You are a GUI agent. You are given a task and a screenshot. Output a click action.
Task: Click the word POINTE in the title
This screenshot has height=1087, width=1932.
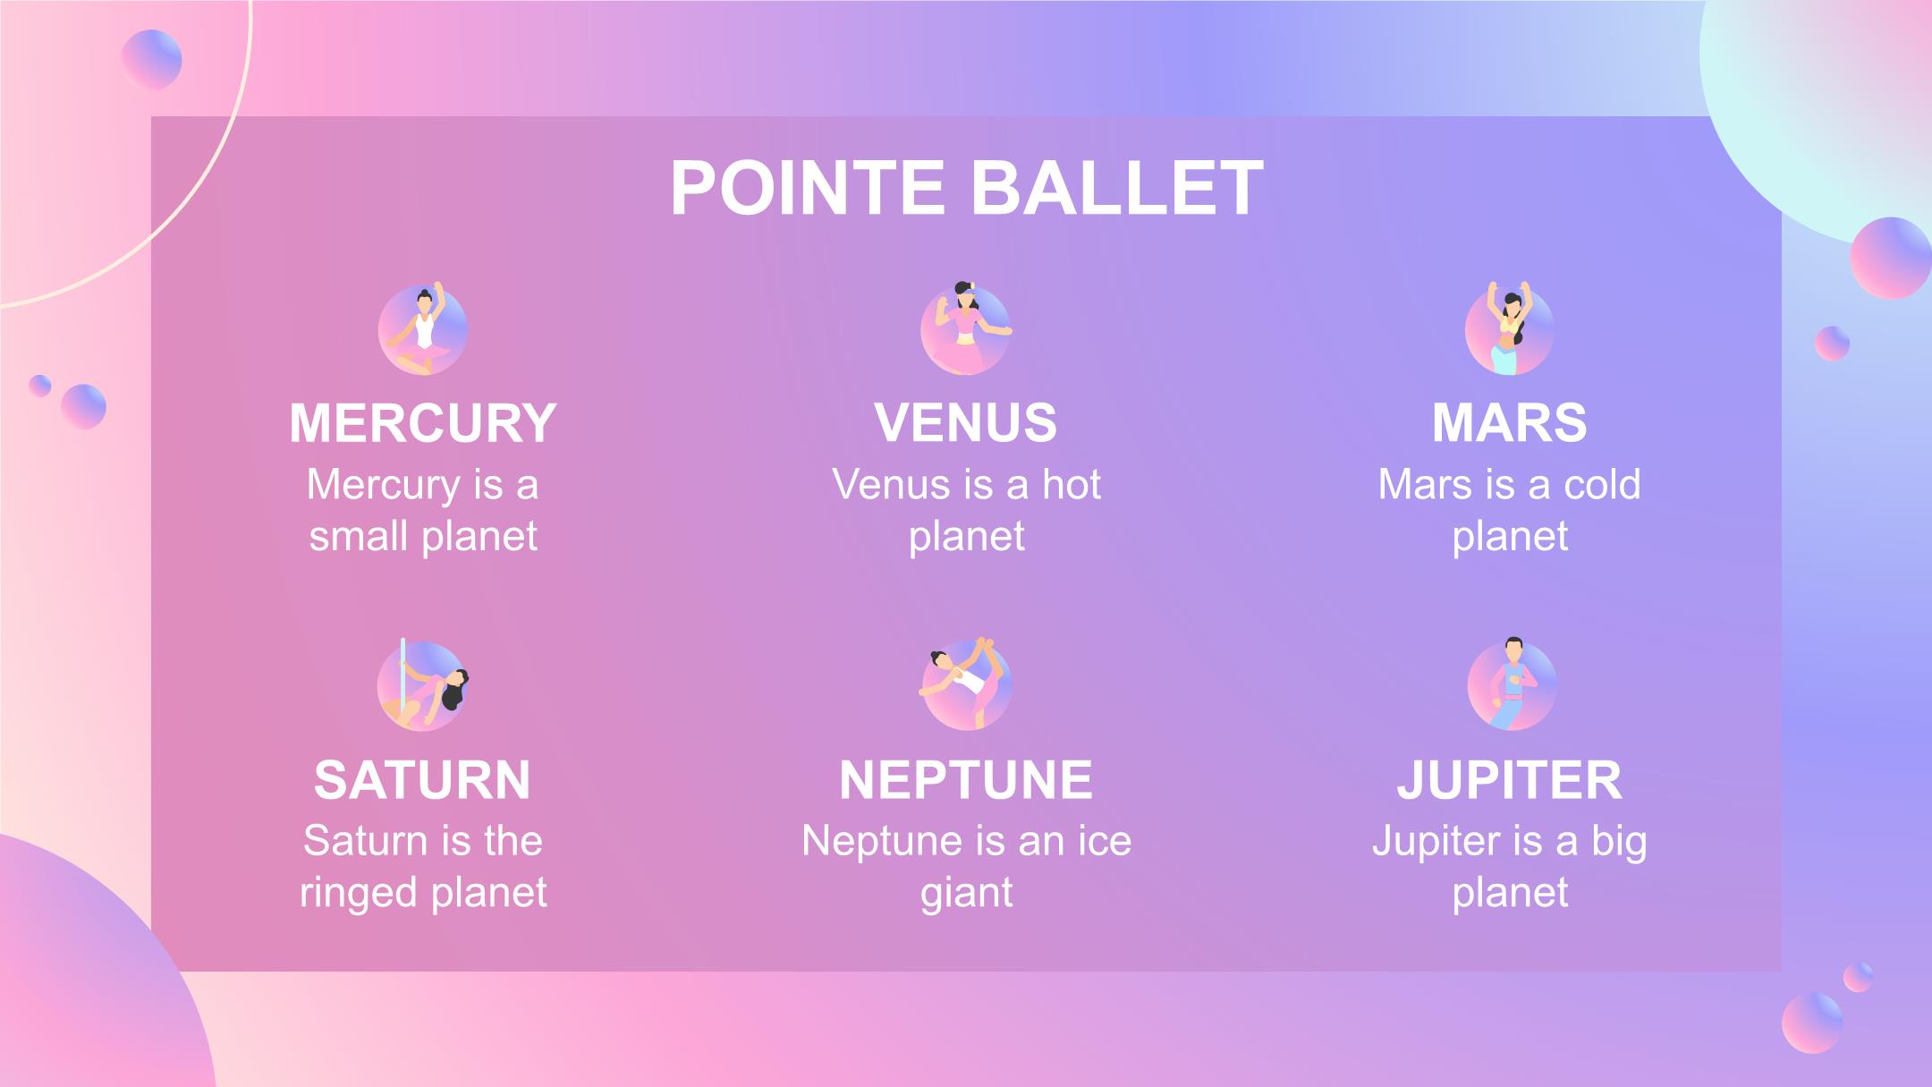pos(808,188)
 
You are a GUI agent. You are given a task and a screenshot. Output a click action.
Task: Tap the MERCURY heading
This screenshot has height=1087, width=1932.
pos(423,422)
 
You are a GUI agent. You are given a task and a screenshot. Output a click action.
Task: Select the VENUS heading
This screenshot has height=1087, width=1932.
pos(966,422)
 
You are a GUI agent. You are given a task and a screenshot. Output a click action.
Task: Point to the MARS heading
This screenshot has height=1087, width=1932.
pos(1510,422)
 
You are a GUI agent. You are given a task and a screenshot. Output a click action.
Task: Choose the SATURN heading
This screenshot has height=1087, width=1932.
pos(423,779)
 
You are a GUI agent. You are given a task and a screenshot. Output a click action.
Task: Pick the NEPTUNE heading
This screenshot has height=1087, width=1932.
pos(966,779)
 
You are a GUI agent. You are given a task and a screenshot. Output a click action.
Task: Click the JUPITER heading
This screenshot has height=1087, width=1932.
pos(1510,779)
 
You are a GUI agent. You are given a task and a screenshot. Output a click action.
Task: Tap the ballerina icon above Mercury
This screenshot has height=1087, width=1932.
pos(423,328)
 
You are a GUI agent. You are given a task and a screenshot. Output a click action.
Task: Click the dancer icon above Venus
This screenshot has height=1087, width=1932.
pos(966,327)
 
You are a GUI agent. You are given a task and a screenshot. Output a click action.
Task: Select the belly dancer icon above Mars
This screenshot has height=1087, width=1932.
pos(1510,328)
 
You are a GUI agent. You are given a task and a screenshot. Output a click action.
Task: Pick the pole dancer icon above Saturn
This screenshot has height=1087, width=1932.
pos(423,684)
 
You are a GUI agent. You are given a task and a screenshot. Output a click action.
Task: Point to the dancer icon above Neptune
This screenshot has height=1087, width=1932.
pos(966,684)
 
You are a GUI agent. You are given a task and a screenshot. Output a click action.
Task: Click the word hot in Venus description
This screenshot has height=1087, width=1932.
pos(1072,485)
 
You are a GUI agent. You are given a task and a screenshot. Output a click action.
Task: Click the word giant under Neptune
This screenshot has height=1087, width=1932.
pos(966,894)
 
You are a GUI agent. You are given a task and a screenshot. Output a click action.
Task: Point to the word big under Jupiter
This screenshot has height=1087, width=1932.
pos(1619,843)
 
